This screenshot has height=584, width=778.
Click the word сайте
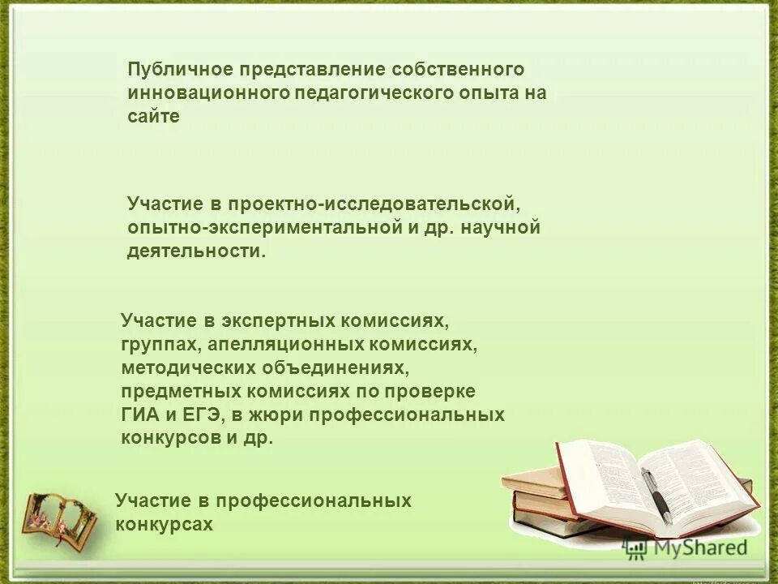coord(153,116)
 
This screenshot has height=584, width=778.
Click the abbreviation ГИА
coord(141,414)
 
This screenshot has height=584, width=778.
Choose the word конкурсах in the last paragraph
coord(165,524)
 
